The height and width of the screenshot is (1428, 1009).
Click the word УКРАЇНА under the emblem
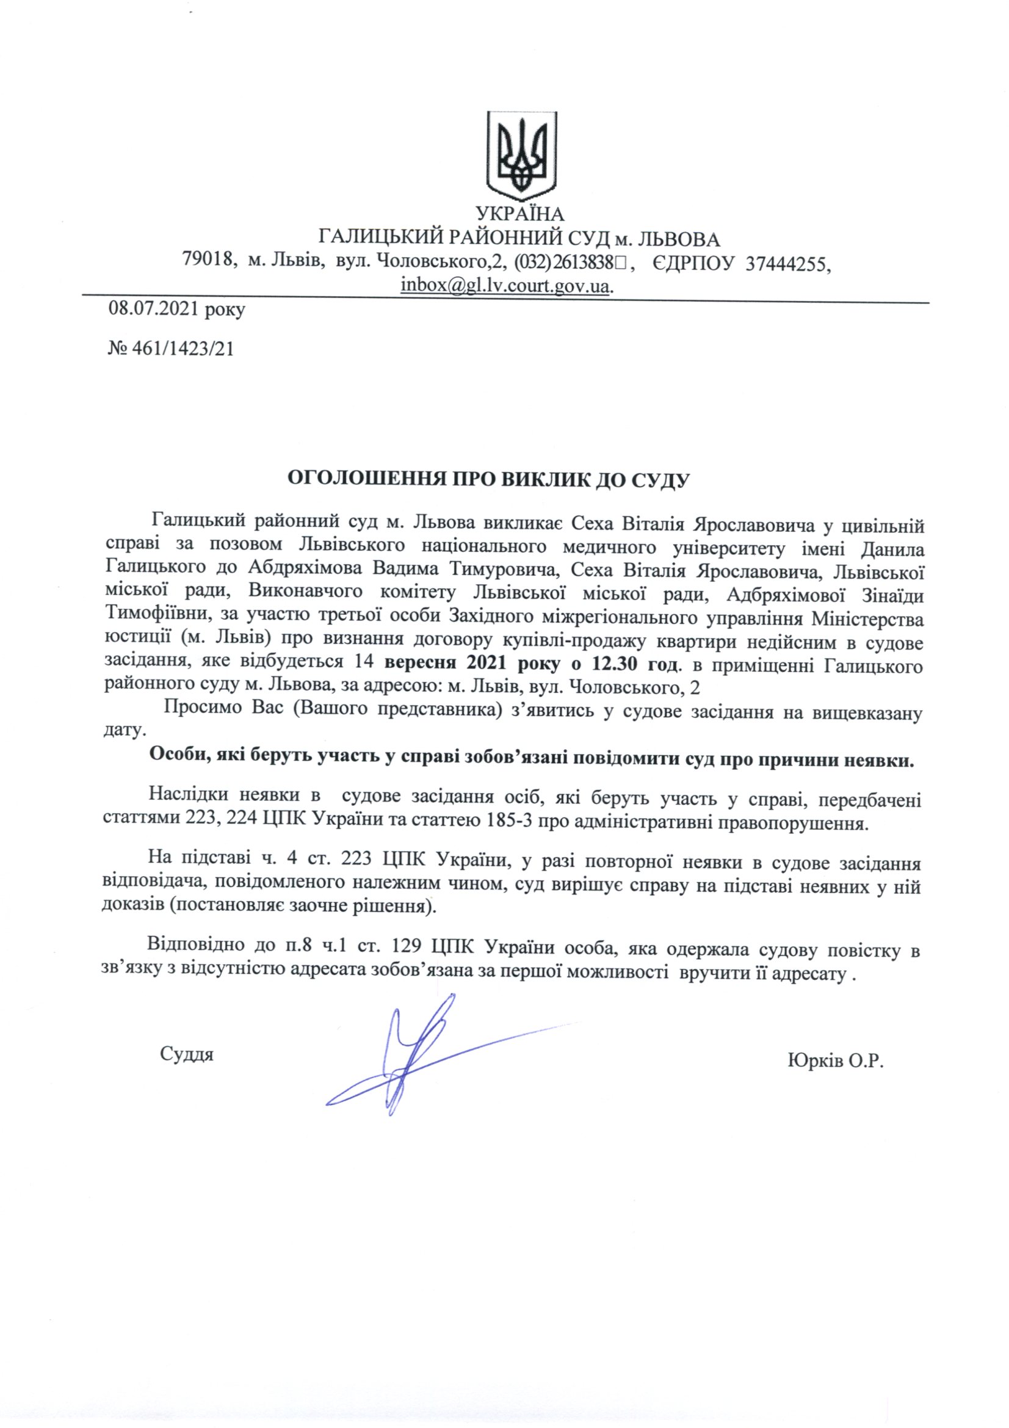click(x=519, y=214)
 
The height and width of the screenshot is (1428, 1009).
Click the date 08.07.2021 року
click(x=176, y=309)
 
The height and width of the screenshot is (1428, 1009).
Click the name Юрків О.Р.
click(x=836, y=1061)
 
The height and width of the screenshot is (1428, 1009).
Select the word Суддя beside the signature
click(x=187, y=1054)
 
